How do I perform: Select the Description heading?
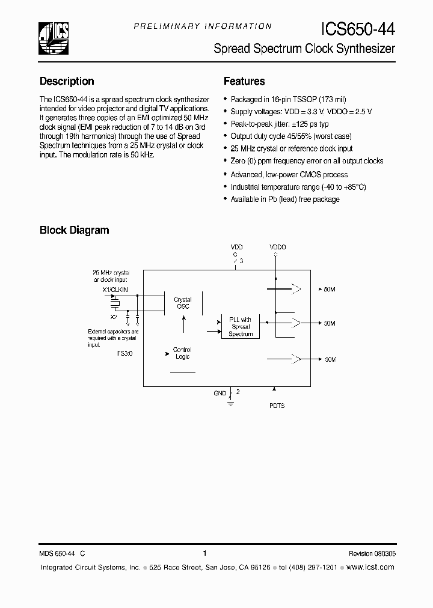[x=67, y=81]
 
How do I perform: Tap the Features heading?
[x=244, y=81]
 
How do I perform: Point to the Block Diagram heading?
[x=74, y=230]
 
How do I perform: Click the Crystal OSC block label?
[x=183, y=303]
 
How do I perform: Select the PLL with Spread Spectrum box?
[x=241, y=326]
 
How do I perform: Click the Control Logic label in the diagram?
[x=182, y=353]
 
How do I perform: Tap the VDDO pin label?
[x=278, y=247]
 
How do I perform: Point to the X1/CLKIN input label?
[x=115, y=290]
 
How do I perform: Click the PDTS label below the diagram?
[x=277, y=406]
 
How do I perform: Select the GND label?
[x=220, y=394]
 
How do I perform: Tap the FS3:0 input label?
[x=124, y=354]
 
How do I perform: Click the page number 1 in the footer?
[x=205, y=553]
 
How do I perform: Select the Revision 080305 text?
[x=372, y=554]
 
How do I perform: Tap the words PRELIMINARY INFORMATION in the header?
[x=202, y=26]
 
